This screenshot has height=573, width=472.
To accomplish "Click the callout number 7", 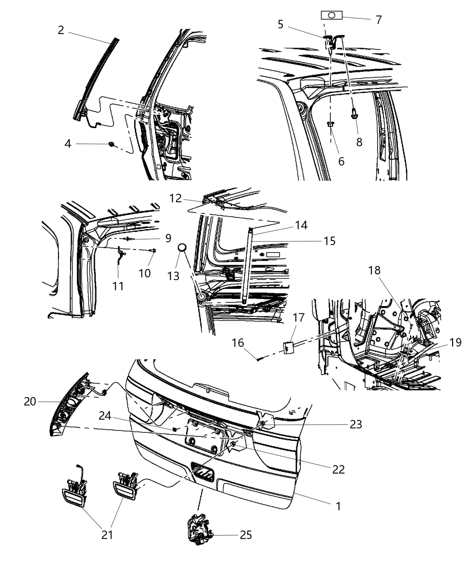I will coord(378,20).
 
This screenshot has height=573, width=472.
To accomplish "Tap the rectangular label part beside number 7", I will coord(332,15).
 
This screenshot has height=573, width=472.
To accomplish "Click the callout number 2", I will coord(61,30).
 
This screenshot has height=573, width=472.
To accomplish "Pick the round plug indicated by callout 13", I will coord(183,248).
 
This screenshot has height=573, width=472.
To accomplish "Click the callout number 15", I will coord(329,241).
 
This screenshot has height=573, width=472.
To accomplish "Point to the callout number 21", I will coord(107,535).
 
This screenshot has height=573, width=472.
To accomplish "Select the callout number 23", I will coord(356,424).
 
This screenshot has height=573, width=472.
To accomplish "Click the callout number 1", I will coord(338,506).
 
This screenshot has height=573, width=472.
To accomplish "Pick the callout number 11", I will coord(118,286).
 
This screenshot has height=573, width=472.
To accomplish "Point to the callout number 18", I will coord(374,271).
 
